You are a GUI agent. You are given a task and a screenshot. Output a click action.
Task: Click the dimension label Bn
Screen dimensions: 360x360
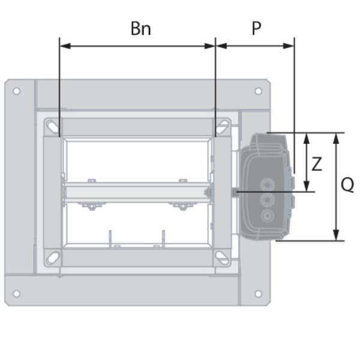coord(141,28)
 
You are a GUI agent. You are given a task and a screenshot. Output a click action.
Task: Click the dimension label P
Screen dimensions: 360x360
coord(256,28)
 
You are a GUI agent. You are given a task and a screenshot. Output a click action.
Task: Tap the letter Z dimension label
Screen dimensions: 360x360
coord(317,164)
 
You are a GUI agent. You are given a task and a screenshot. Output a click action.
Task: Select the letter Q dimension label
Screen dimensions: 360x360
coord(347,185)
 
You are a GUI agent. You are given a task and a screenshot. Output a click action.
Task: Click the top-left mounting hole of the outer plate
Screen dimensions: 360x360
coord(17,91)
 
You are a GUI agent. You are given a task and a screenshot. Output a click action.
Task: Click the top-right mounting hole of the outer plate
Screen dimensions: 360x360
coord(258,91)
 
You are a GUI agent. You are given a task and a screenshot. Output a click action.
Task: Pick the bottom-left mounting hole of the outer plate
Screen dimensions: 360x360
coord(17,293)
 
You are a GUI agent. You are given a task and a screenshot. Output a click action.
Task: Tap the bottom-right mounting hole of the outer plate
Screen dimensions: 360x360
coord(258,293)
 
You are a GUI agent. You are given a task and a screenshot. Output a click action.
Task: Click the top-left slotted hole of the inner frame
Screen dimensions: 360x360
coord(53,127)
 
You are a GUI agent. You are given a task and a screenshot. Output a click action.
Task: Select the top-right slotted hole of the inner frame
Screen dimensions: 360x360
coord(222,127)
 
